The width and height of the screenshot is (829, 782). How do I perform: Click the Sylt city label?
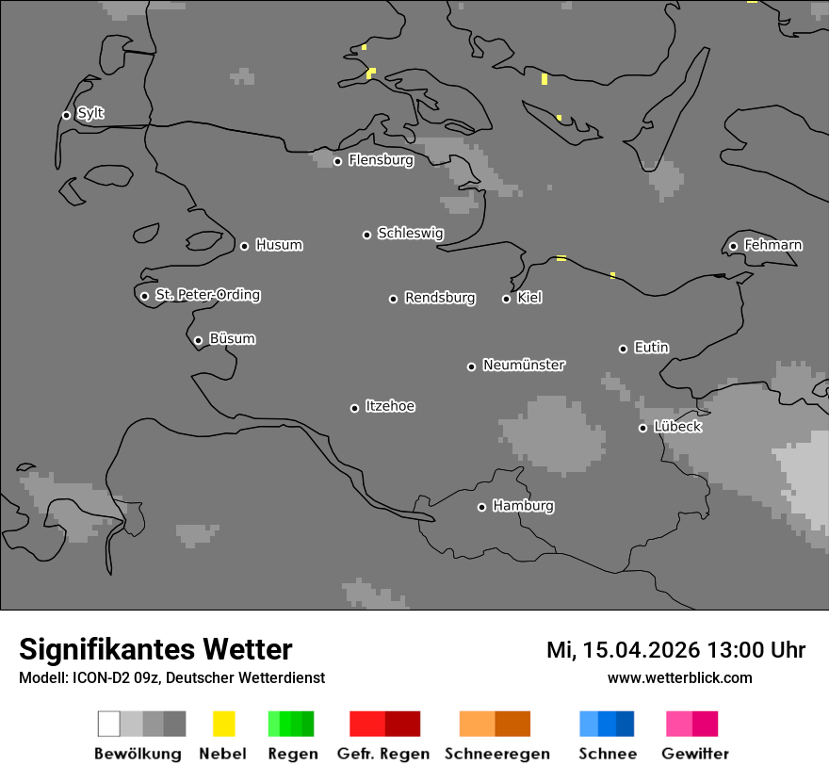90,113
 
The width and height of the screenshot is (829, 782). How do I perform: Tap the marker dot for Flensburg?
337,161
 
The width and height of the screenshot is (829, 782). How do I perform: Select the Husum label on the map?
279,245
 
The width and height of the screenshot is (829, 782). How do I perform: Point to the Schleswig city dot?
367,235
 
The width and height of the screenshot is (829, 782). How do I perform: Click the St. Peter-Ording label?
207,295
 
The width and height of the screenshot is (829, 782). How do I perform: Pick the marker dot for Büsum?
198,340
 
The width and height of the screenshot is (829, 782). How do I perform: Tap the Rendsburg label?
440,298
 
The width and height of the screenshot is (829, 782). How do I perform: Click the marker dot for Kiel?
506,299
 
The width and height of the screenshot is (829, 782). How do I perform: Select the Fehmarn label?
772,245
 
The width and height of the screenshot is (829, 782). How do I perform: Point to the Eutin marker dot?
623,349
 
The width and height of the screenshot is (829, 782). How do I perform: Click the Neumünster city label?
524,365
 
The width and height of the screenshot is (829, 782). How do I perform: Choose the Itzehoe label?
390,406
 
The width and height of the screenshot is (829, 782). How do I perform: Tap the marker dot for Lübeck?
642,428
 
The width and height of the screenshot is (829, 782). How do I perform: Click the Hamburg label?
523,506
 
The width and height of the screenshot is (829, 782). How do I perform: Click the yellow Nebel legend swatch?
223,724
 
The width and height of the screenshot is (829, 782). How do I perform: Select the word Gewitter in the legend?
695,754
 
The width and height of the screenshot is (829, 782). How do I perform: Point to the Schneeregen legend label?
496,754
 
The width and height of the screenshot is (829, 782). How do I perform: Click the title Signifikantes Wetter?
155,649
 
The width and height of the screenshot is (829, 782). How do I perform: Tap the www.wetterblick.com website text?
679,678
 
